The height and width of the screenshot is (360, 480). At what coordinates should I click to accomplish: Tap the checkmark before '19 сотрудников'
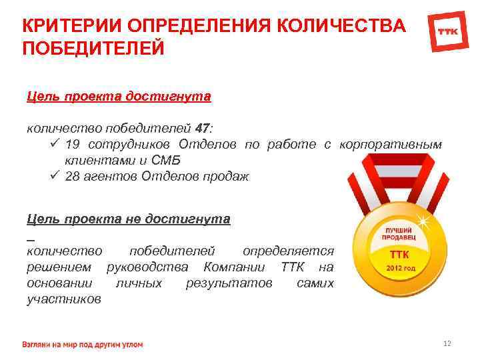[54, 145]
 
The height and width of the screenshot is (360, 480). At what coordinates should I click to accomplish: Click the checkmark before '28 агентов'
[54, 176]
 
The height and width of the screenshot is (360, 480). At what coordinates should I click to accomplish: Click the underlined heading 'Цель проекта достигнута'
[119, 97]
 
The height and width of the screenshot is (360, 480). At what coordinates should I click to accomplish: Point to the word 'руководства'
[143, 267]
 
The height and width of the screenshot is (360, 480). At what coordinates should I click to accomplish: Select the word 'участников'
[64, 299]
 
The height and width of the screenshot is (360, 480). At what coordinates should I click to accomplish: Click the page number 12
[447, 343]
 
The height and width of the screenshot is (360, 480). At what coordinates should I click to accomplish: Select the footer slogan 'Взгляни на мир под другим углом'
[83, 344]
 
